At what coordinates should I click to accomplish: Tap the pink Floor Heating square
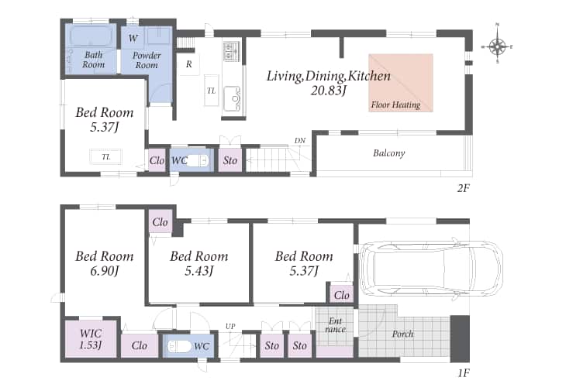point(401,83)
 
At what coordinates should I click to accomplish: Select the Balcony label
point(388,153)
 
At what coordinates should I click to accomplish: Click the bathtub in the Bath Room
point(91,36)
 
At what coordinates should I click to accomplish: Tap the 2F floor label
point(463,188)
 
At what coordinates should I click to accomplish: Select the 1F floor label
point(463,373)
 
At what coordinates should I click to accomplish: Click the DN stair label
point(299,141)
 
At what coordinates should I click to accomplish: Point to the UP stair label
point(230,326)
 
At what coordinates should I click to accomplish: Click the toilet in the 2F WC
point(198,160)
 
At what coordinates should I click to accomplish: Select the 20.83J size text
point(328,90)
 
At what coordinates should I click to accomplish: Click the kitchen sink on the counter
point(232,98)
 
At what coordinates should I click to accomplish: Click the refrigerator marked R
point(188,64)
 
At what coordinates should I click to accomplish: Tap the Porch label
point(402,334)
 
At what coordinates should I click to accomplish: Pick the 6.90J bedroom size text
point(105,271)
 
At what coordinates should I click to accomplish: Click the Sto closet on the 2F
point(230,160)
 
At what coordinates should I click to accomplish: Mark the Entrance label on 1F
point(336,325)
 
